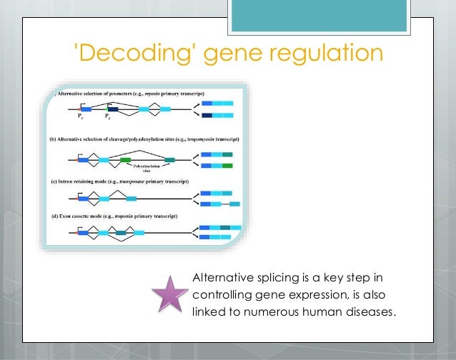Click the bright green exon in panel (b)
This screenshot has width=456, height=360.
pyautogui.click(x=126, y=159)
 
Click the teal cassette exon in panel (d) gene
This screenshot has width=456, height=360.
pyautogui.click(x=122, y=233)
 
